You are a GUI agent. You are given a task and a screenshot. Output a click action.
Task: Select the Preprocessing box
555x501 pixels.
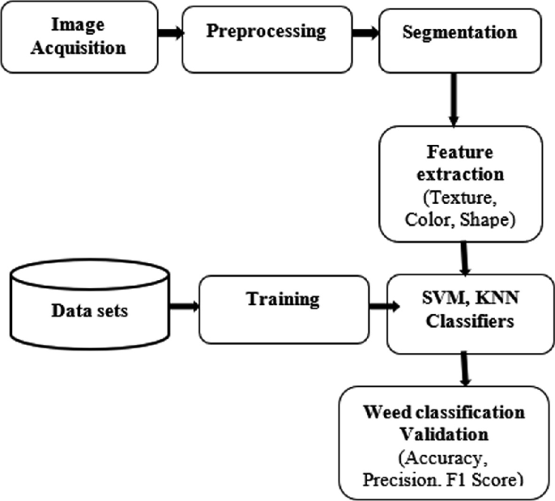pos(266,37)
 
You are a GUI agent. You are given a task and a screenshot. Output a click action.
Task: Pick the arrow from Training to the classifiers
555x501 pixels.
pos(378,308)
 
